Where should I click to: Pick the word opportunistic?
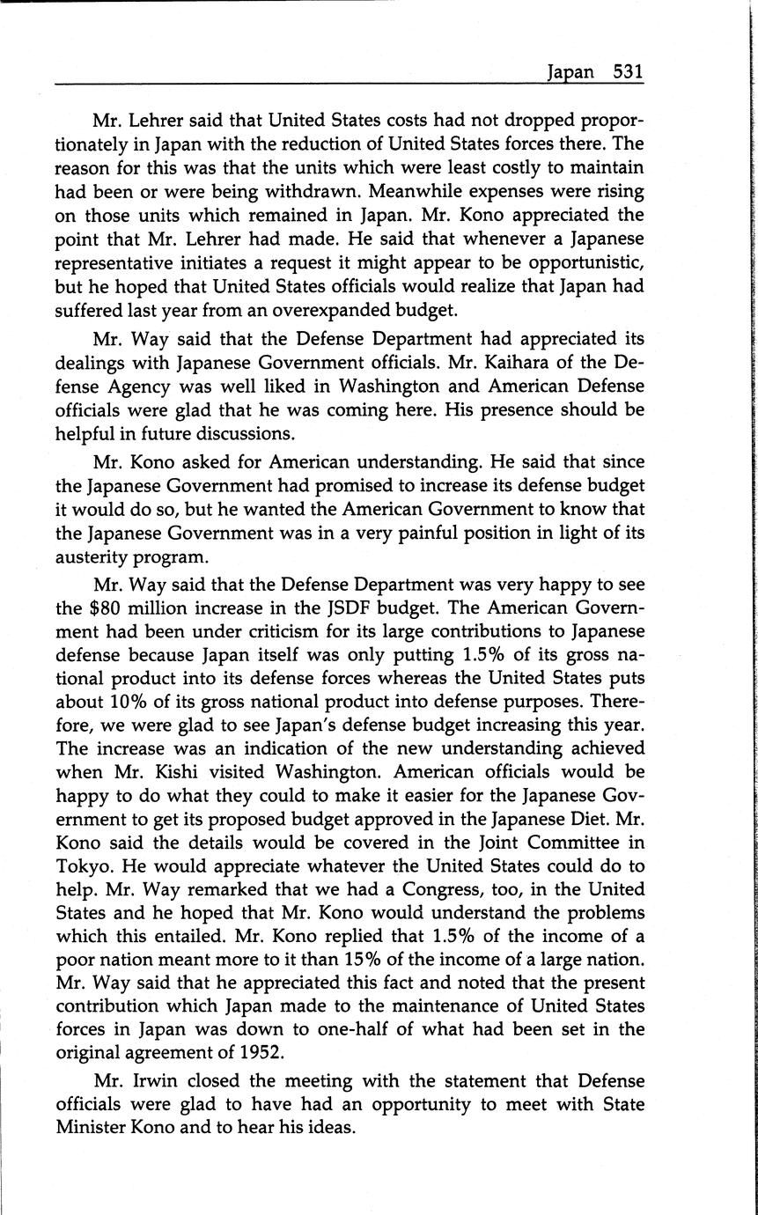click(x=570, y=263)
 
